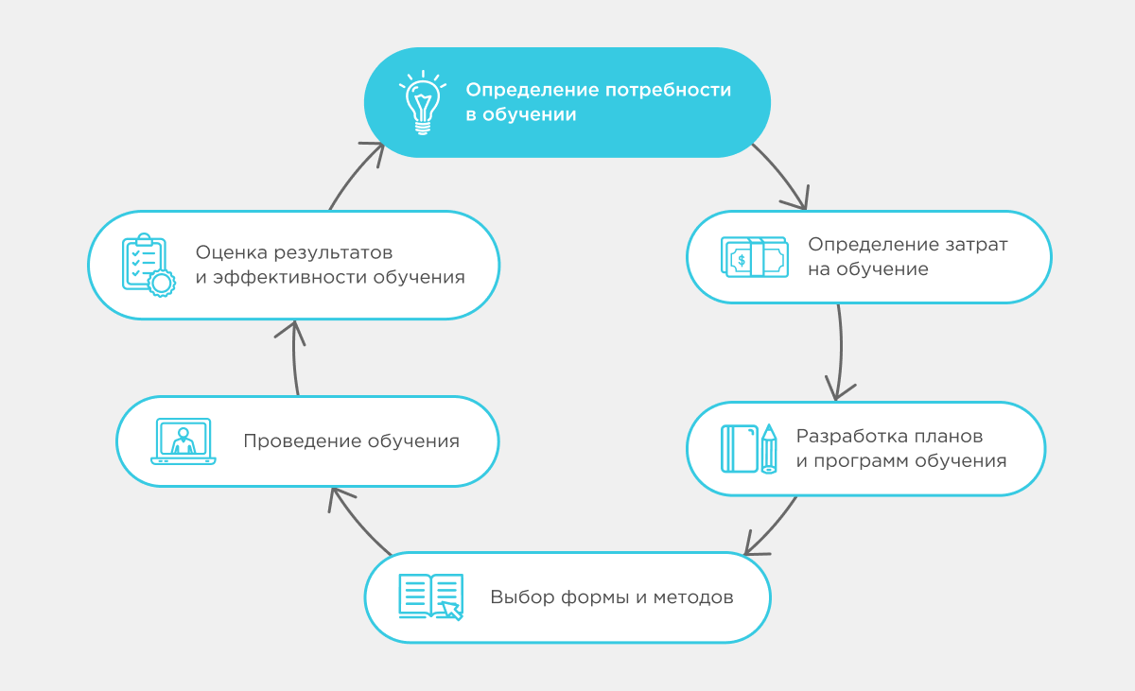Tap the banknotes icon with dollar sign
coord(754,257)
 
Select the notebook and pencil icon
coord(749,448)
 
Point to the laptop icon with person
coord(183,441)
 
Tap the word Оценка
coord(231,253)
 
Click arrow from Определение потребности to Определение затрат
coord(784,176)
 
